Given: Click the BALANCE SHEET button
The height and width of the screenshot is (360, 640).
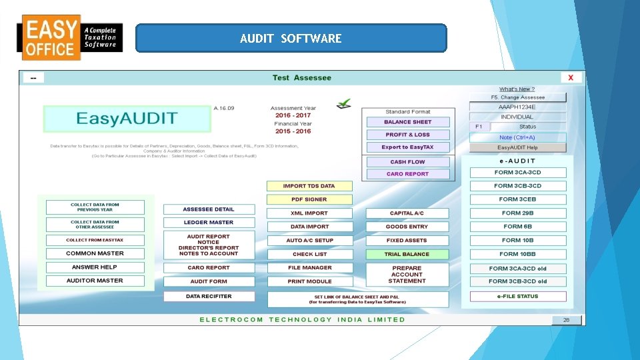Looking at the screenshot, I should click(x=407, y=122).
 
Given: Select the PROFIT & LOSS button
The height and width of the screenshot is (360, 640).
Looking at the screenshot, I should click(x=407, y=135).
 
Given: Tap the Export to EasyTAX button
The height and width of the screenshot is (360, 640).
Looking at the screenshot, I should click(x=407, y=147).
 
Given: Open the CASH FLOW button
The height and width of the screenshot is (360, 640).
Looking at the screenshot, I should click(x=407, y=162).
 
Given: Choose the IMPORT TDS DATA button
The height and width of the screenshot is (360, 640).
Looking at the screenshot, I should click(x=309, y=186).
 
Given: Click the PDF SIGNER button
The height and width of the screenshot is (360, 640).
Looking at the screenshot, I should click(x=309, y=199).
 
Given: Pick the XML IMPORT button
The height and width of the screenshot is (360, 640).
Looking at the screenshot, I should click(x=309, y=213).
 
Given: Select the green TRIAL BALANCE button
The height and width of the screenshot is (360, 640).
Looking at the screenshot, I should click(x=407, y=254).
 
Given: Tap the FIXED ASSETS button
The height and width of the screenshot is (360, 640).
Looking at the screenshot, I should click(x=407, y=240).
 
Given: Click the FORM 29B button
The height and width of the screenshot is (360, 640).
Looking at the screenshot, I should click(x=517, y=213).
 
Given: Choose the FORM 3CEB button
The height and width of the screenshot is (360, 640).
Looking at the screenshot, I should click(x=517, y=199).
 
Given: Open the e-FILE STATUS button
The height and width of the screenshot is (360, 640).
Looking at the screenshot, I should click(x=517, y=296).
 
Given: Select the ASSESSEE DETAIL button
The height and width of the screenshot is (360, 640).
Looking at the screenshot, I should click(x=209, y=209).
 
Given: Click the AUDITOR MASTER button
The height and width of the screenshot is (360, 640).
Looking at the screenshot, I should click(x=95, y=281).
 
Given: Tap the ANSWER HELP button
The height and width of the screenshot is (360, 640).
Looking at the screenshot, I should click(x=95, y=267).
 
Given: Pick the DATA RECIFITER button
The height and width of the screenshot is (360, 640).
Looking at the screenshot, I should click(x=209, y=296).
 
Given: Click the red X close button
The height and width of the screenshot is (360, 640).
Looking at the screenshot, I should click(x=571, y=78).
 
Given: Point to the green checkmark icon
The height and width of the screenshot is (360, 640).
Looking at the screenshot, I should click(x=344, y=104).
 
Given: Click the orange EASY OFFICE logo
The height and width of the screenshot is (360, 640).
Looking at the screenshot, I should click(x=50, y=38).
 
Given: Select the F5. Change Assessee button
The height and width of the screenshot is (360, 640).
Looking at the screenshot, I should click(x=517, y=97).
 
